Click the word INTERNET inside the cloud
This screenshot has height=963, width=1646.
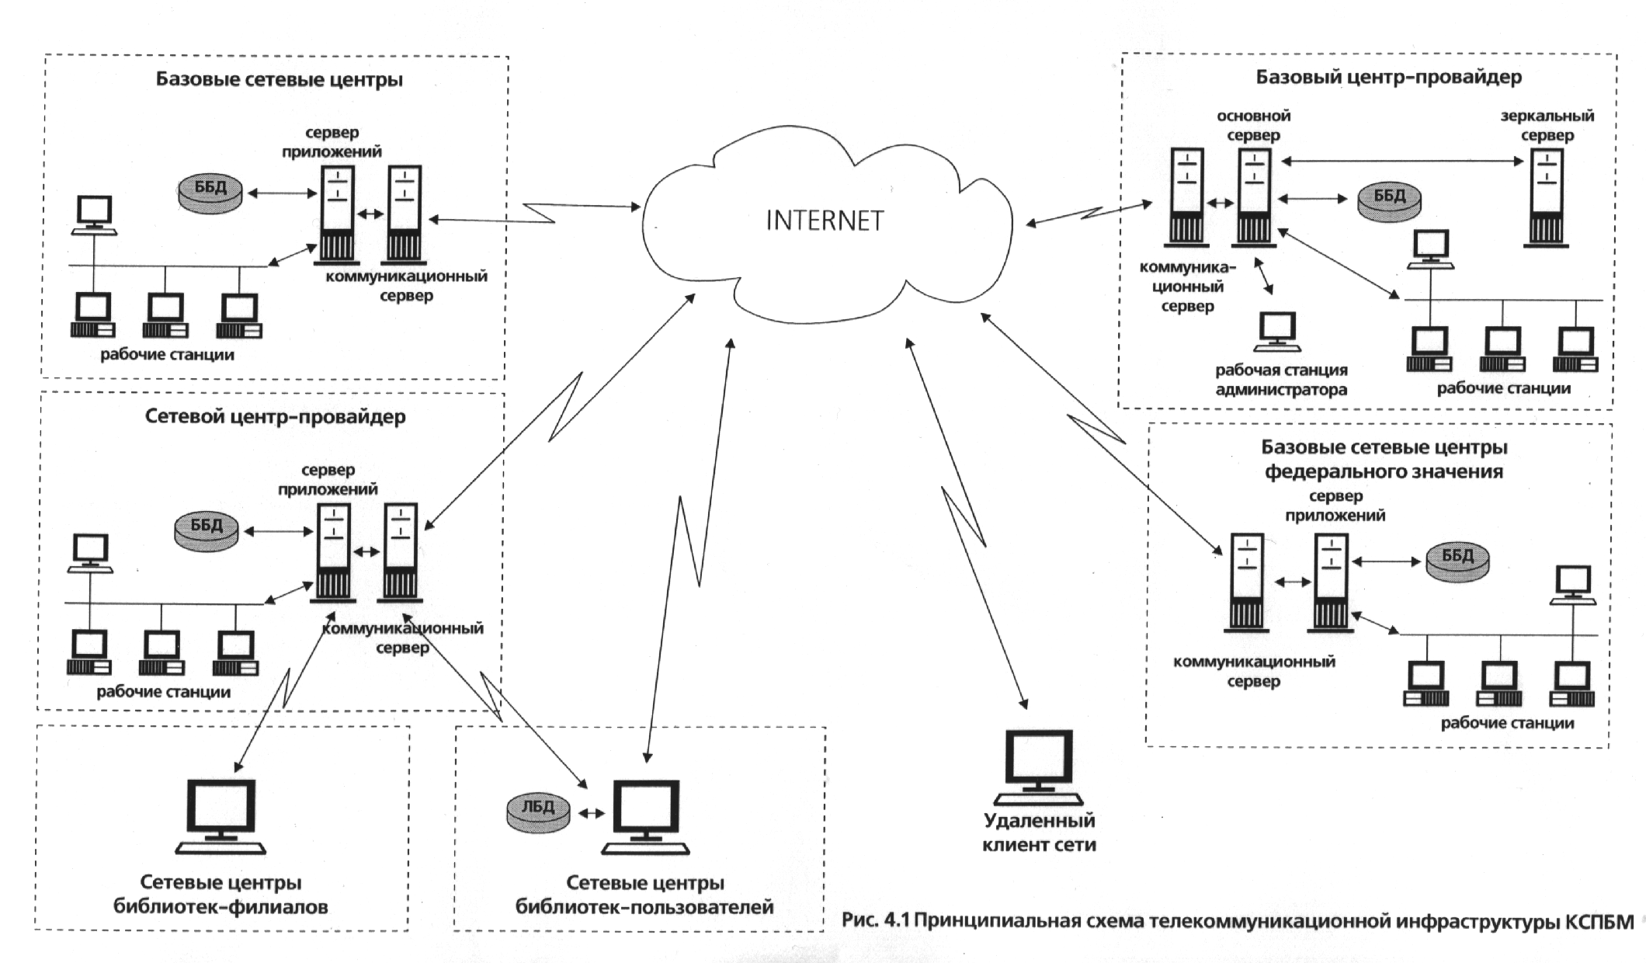coord(825,221)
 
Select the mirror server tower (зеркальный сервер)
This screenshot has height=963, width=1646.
coord(1546,198)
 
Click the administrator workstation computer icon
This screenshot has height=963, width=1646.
coord(1277,332)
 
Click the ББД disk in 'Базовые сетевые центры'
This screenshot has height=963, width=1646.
coord(210,191)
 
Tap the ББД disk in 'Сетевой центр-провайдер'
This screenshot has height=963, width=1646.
coord(206,530)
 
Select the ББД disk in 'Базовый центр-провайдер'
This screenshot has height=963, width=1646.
coord(1389,200)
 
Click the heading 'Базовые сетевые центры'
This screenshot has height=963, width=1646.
coord(279,79)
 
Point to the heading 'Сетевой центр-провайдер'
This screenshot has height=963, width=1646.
coord(275,416)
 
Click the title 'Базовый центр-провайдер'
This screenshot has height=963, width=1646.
coord(1388,77)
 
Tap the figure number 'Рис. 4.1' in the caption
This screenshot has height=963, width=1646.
coord(875,921)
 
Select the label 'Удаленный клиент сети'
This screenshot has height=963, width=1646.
coord(1039,833)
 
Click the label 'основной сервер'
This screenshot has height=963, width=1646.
coord(1253,125)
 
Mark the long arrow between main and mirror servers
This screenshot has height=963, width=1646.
coord(1402,162)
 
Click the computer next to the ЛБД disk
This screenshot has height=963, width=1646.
coord(646,817)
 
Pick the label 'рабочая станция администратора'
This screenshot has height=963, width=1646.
coord(1281,380)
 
